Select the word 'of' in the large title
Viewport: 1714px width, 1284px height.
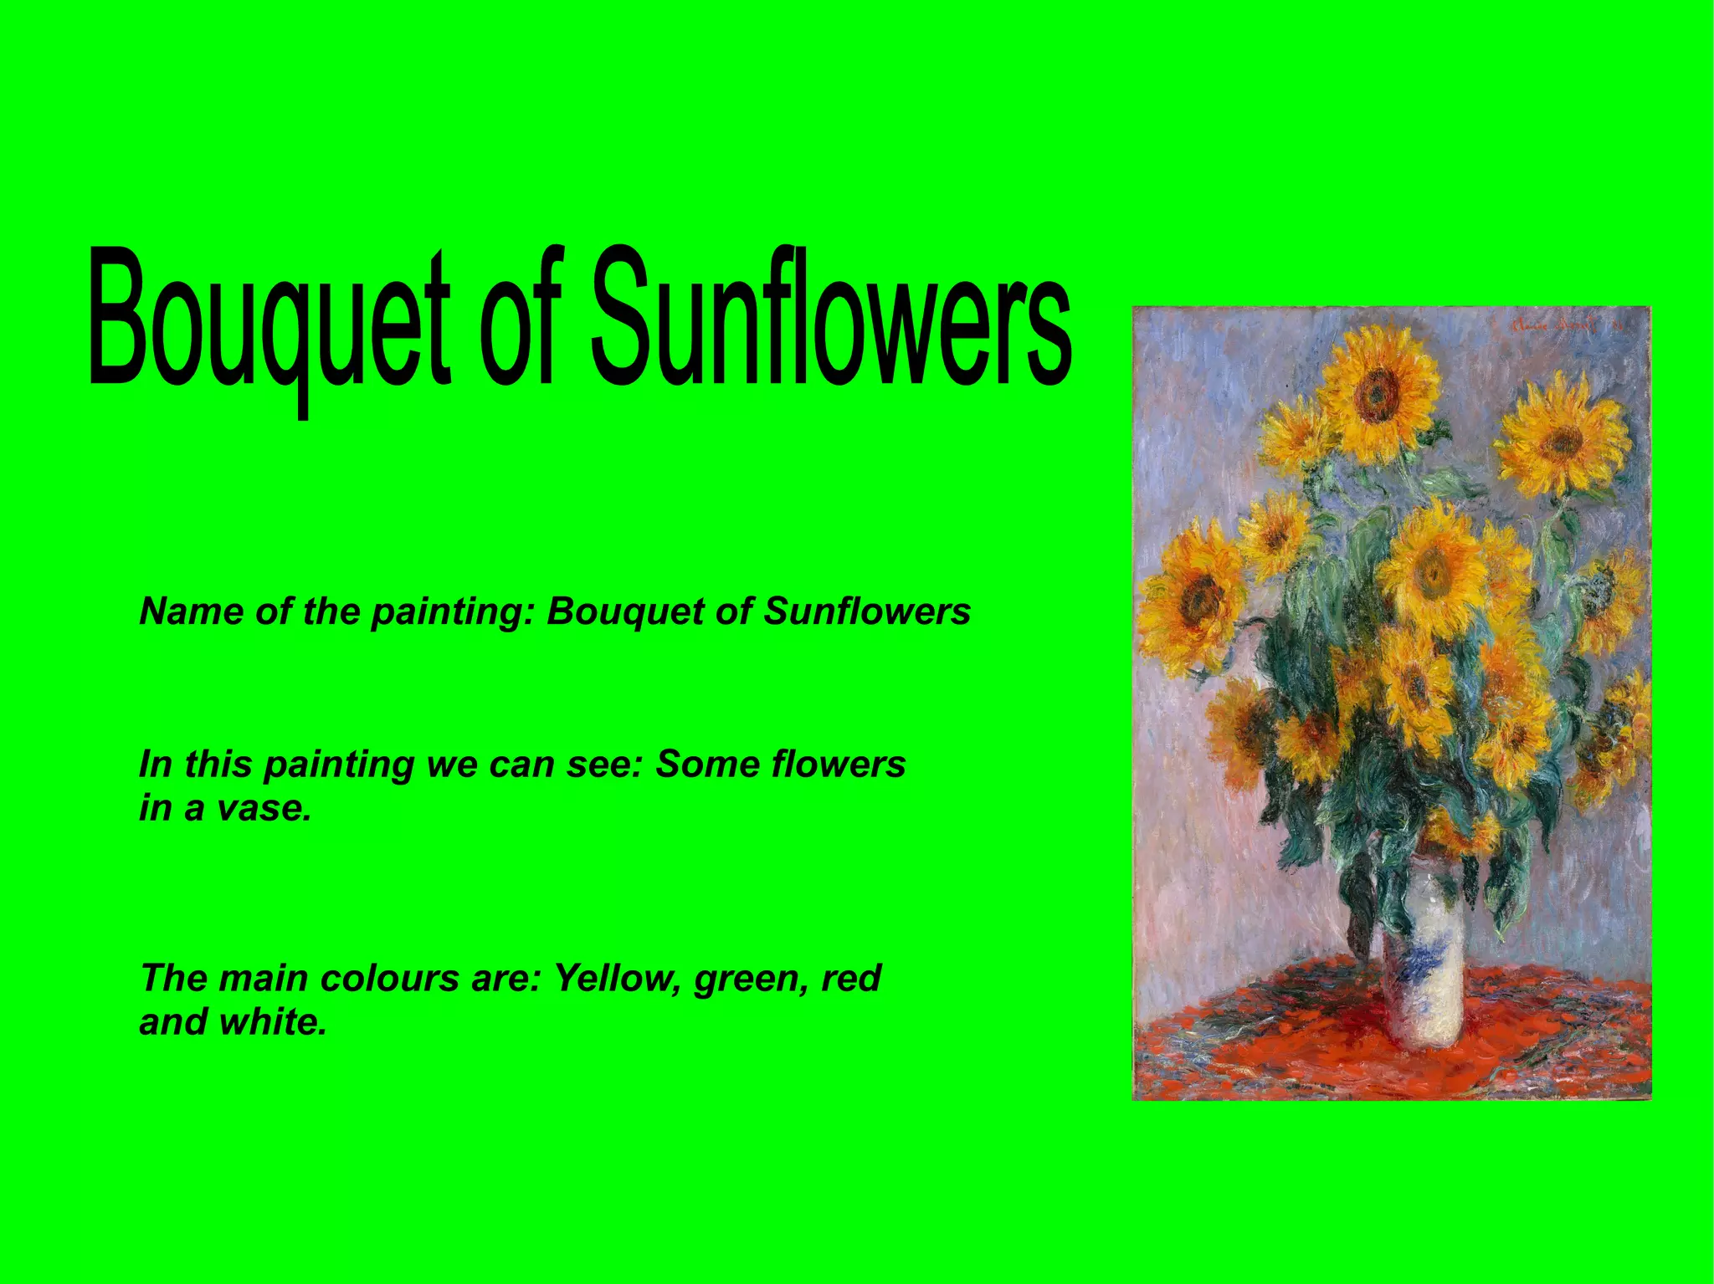[x=520, y=318]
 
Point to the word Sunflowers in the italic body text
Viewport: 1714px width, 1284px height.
[x=867, y=611]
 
